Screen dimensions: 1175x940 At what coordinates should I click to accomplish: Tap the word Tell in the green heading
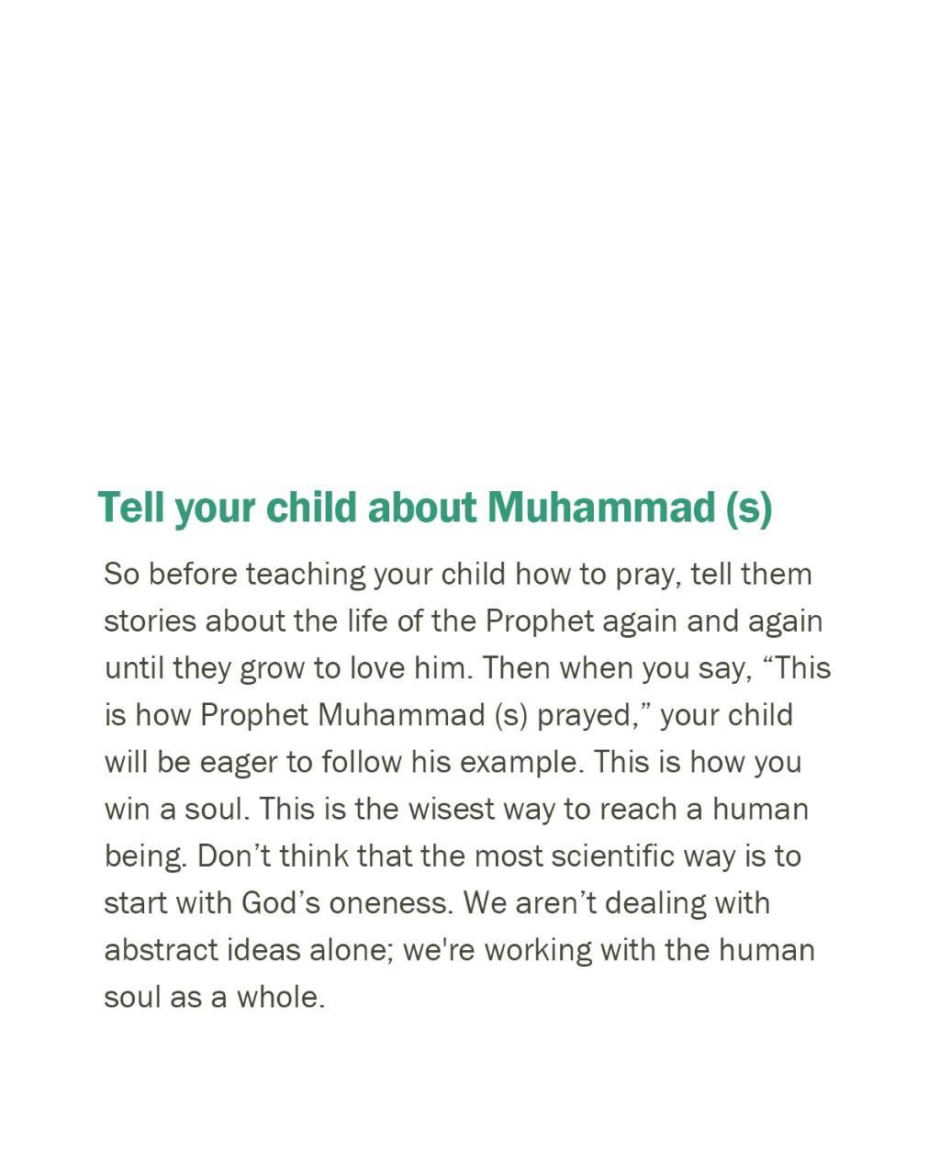point(131,508)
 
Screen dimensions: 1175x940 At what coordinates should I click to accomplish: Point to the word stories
point(150,621)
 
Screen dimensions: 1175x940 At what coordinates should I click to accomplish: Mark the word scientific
point(610,856)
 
